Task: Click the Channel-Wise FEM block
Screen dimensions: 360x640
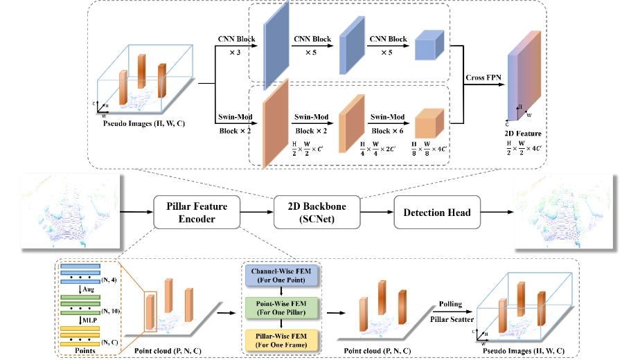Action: tap(279, 276)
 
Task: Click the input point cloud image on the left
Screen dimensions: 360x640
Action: tap(71, 210)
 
